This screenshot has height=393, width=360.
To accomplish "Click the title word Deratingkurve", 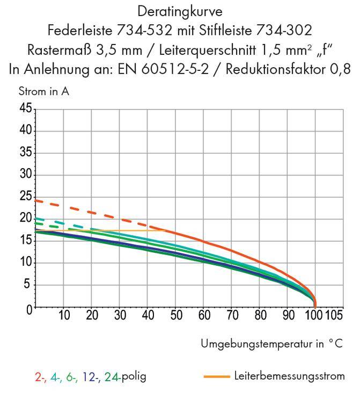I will coord(180,11).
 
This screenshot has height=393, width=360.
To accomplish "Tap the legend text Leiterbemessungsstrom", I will coord(290,376).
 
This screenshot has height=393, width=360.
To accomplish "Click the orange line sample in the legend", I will coord(217,376).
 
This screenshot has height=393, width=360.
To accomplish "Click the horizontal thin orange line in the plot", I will coord(134,230).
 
